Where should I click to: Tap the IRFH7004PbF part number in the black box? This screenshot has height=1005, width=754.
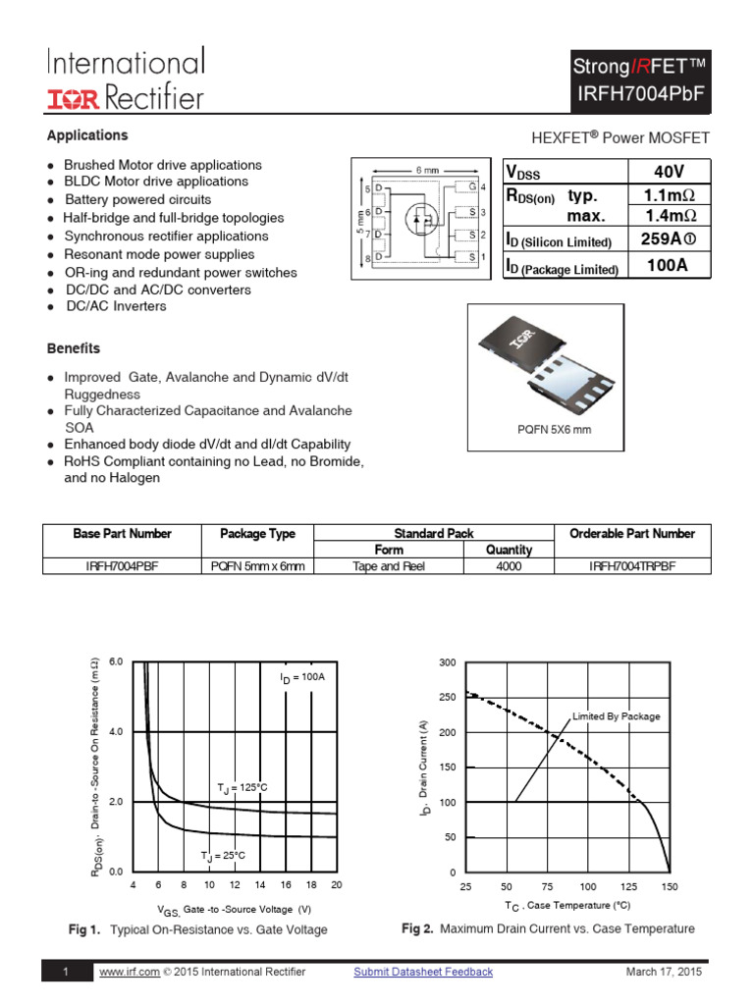click(639, 94)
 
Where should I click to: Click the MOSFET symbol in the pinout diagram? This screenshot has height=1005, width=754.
click(422, 219)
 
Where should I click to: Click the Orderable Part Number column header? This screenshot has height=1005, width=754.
click(631, 534)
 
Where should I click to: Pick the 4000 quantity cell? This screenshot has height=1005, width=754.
click(509, 566)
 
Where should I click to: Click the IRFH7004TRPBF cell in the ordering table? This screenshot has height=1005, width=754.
click(631, 566)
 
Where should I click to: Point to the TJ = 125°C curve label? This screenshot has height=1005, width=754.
click(242, 788)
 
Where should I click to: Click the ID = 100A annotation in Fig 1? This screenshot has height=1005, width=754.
click(301, 677)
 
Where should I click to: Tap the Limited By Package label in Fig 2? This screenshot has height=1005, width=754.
click(617, 716)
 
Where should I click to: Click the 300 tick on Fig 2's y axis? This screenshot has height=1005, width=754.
click(447, 663)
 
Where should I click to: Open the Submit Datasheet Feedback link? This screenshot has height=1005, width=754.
click(423, 972)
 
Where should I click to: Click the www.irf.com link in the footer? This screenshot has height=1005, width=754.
click(130, 972)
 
